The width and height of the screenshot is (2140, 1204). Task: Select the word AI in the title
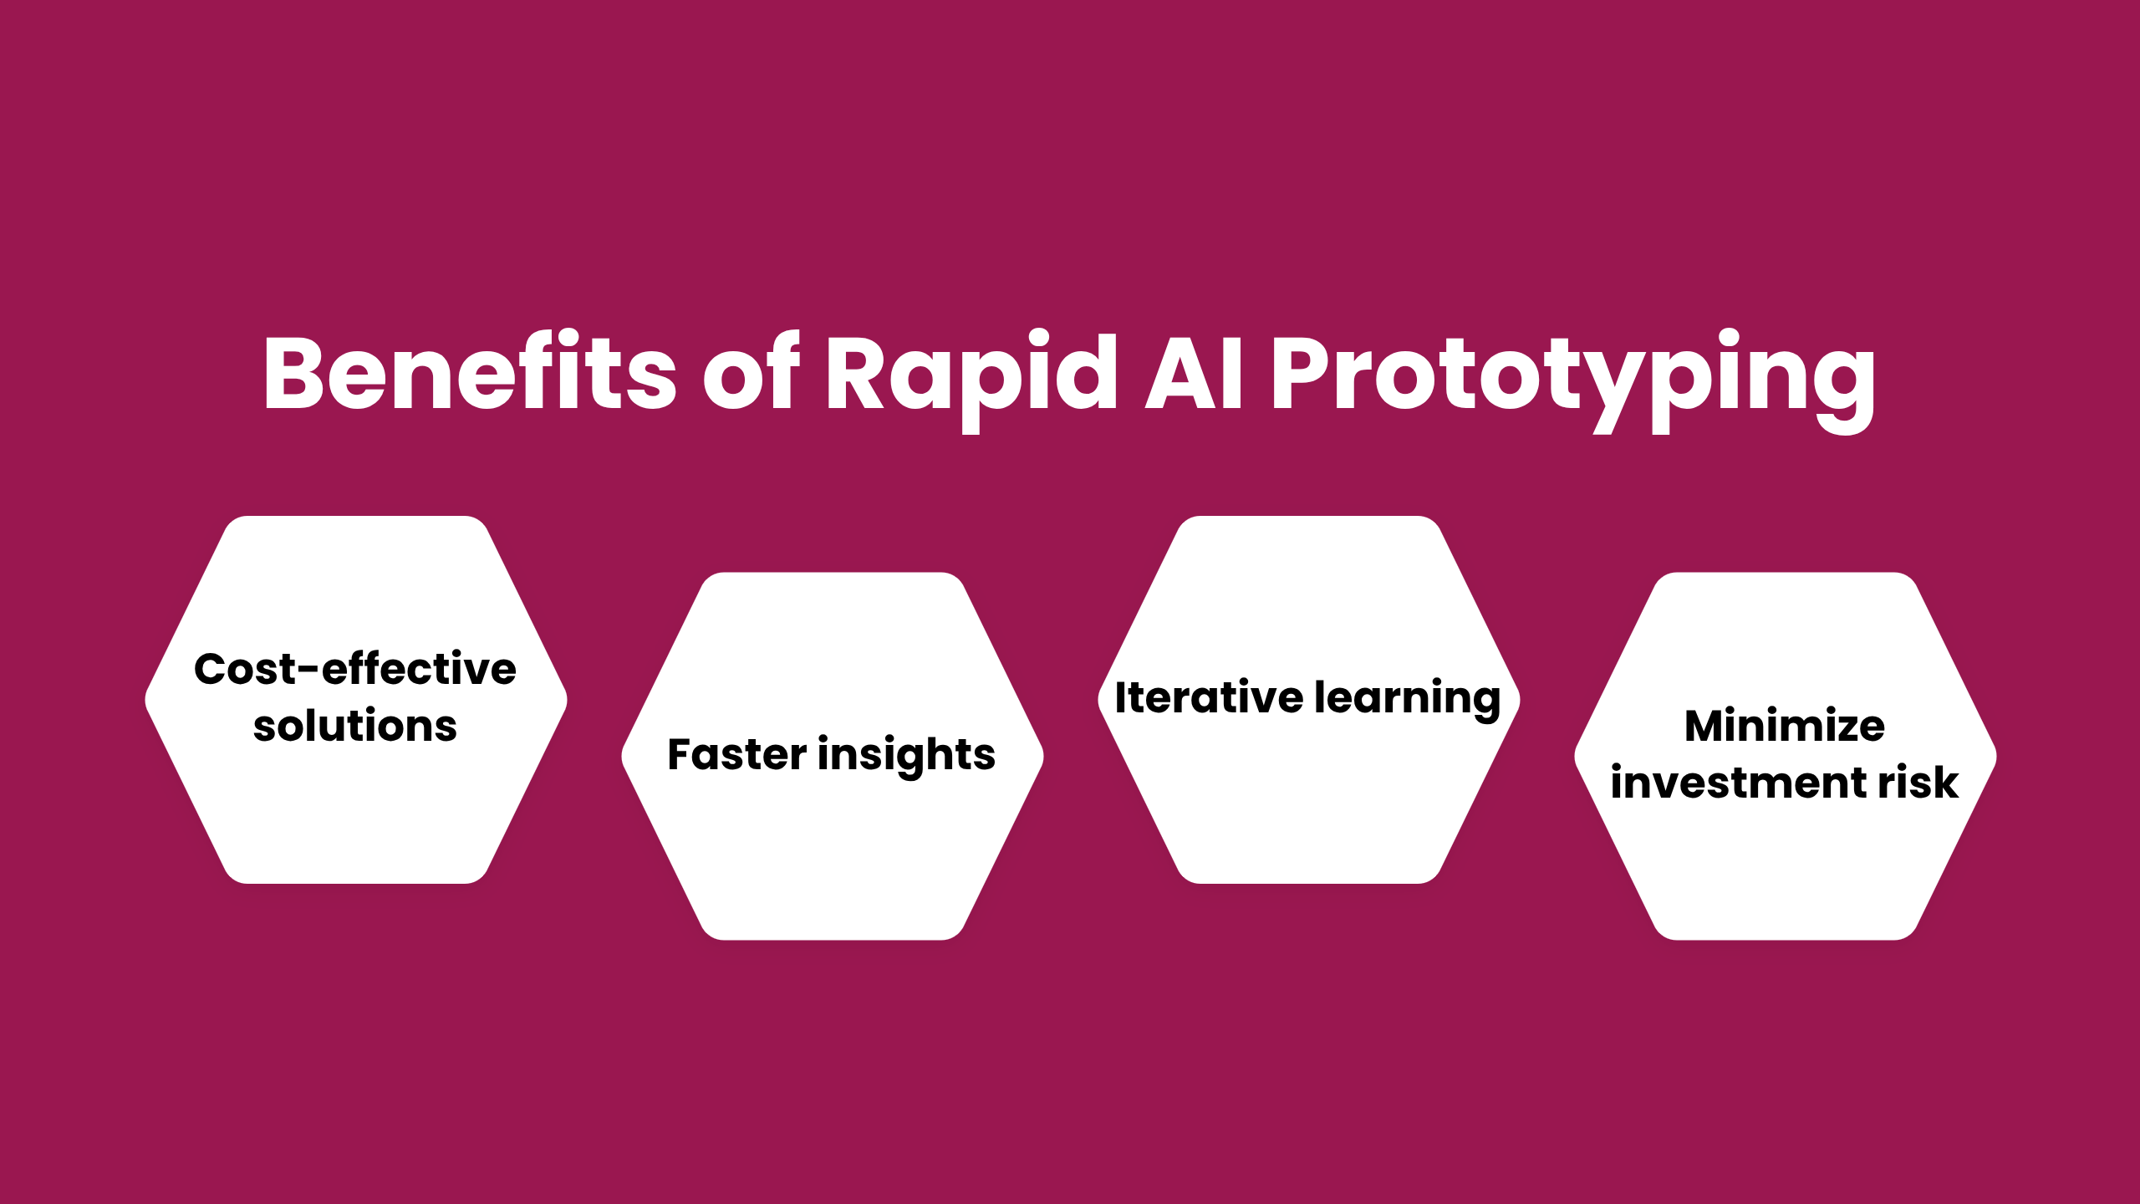[1194, 373]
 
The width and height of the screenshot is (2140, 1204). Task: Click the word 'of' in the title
[751, 373]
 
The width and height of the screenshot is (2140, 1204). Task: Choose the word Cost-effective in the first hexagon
[355, 669]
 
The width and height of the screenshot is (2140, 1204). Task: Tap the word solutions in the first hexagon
[355, 726]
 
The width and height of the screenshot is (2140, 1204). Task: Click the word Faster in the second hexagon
[737, 754]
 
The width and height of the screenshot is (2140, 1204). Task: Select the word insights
[907, 756]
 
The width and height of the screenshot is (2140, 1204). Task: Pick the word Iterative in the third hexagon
[1209, 697]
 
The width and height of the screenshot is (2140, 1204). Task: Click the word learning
[1408, 699]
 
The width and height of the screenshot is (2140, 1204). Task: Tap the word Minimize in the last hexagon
[1785, 726]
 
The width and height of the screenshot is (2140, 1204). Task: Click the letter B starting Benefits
[293, 373]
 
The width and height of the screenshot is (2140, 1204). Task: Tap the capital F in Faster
[682, 754]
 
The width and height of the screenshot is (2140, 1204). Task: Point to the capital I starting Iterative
[1122, 697]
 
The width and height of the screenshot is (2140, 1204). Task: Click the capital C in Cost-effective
[212, 669]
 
